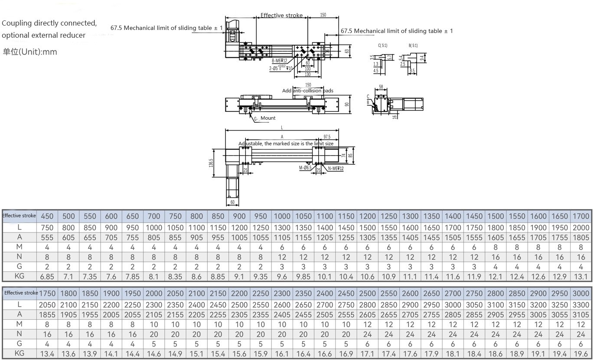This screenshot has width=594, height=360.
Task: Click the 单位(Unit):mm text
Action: pos(29,52)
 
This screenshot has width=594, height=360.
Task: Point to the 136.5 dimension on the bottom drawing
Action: pos(211,162)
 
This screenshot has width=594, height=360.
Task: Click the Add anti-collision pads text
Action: pos(308,91)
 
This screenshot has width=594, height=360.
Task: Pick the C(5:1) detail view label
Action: pos(383,45)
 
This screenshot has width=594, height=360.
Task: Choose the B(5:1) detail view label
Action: pos(413,45)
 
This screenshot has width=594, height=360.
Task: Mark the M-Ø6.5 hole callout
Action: pos(305,168)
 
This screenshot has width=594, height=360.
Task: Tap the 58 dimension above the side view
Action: pos(381,87)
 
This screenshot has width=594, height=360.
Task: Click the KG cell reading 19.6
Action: pos(581,353)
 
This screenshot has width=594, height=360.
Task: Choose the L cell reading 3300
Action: pos(581,305)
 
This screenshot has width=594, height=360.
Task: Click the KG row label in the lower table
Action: pos(20,353)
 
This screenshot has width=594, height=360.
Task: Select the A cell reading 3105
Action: pos(581,314)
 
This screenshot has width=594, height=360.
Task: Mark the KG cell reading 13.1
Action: pos(581,277)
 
